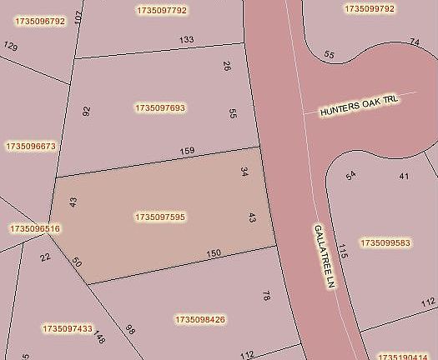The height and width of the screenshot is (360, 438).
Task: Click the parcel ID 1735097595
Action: click(160, 217)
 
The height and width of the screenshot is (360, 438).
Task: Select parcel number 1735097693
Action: click(160, 107)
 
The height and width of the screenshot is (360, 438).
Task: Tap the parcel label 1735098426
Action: click(200, 319)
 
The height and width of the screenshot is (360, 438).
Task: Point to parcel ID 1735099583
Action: click(385, 243)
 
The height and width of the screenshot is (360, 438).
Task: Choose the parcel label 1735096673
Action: click(30, 146)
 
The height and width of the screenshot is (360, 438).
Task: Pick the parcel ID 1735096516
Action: click(34, 227)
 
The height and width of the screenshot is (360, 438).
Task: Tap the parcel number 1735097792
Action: click(161, 10)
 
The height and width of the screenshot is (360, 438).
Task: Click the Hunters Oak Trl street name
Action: click(360, 105)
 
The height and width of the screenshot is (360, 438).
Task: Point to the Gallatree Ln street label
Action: click(324, 257)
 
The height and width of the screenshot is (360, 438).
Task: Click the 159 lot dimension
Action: click(187, 151)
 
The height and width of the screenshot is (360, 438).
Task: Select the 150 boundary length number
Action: click(213, 253)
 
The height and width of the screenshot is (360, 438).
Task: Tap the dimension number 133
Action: click(186, 39)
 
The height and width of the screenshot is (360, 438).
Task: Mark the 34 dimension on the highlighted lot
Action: click(244, 172)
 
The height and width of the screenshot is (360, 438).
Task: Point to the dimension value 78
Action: click(266, 296)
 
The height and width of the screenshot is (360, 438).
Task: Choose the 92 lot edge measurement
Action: click(86, 110)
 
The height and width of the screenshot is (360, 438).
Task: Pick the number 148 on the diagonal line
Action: click(100, 337)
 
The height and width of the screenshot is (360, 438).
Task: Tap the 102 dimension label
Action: click(78, 17)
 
